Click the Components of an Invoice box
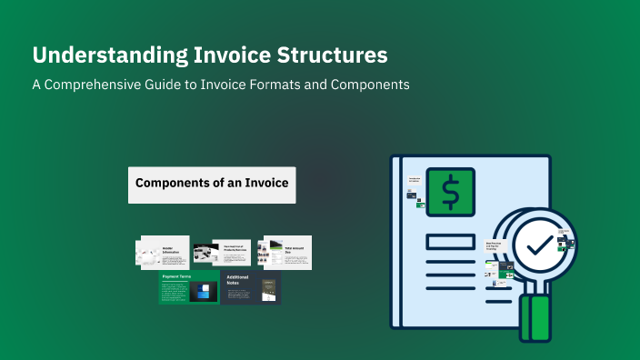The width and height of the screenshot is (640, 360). click(x=212, y=184)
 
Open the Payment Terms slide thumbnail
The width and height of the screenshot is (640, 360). click(x=189, y=287)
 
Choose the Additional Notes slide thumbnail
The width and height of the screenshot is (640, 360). click(x=251, y=287)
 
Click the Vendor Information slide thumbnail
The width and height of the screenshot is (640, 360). click(x=164, y=253)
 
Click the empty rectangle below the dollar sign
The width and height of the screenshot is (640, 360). click(x=450, y=241)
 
